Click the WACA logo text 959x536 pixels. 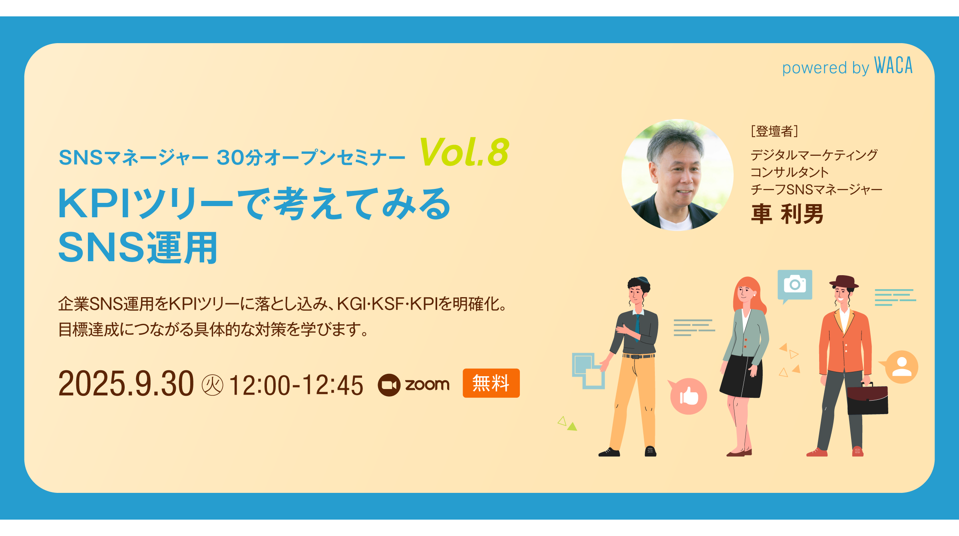click(893, 66)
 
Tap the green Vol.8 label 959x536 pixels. click(464, 152)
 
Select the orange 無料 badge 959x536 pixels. click(491, 383)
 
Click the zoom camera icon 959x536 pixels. click(389, 385)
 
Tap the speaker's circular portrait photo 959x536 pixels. click(677, 175)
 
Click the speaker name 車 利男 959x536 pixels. click(787, 214)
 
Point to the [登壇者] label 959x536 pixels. click(774, 131)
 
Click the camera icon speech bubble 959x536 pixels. click(795, 285)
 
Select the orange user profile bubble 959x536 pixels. click(901, 367)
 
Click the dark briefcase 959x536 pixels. click(867, 399)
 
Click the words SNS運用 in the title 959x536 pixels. click(138, 248)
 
